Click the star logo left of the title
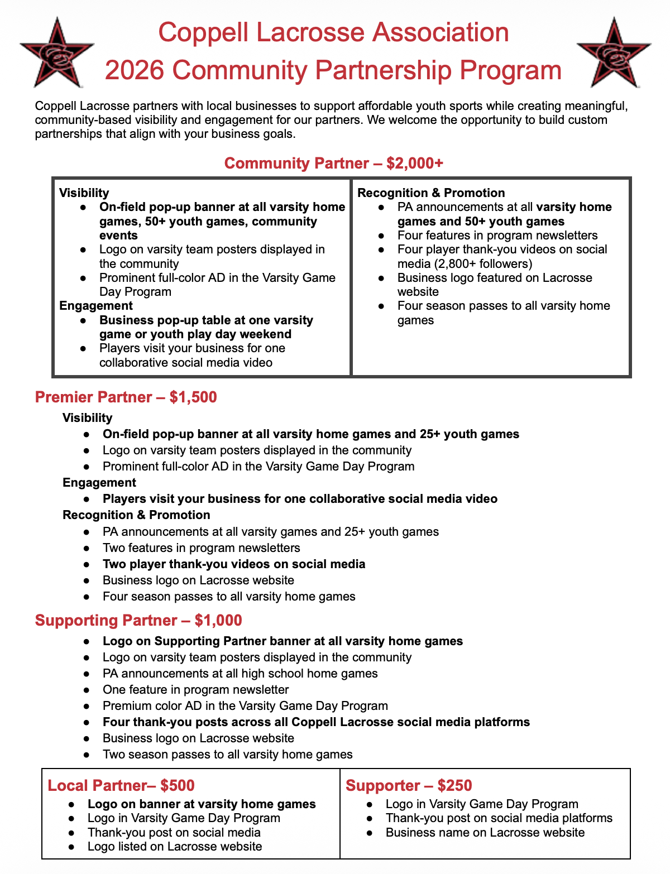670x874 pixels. (x=56, y=52)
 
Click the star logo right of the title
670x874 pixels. (x=613, y=52)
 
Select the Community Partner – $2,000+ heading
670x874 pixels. (x=334, y=164)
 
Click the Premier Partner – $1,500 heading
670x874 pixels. (x=126, y=397)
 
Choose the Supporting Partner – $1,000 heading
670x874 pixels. (x=138, y=621)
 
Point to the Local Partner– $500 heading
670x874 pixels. (x=121, y=786)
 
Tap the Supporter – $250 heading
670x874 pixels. (x=409, y=786)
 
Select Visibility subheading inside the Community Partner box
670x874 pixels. (x=84, y=193)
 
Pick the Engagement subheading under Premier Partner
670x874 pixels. (x=99, y=483)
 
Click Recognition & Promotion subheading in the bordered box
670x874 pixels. (x=431, y=193)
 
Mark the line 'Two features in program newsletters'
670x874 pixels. (x=202, y=548)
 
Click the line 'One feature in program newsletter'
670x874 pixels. (x=196, y=690)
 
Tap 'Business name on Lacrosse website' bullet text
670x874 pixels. (x=485, y=833)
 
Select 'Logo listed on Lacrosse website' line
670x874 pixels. (x=175, y=847)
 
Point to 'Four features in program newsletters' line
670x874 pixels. (x=497, y=236)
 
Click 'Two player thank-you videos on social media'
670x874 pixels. (x=234, y=564)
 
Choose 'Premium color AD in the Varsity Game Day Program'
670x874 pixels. (x=245, y=706)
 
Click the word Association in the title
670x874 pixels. (x=441, y=32)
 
